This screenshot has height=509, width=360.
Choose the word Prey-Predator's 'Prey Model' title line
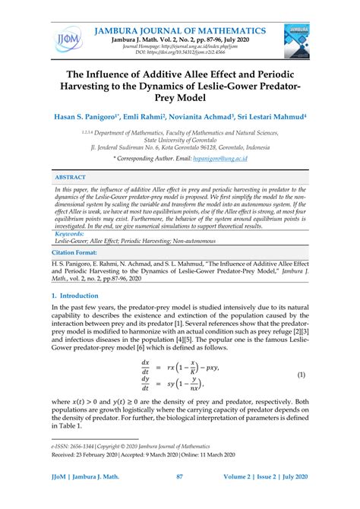pyautogui.click(x=180, y=98)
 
